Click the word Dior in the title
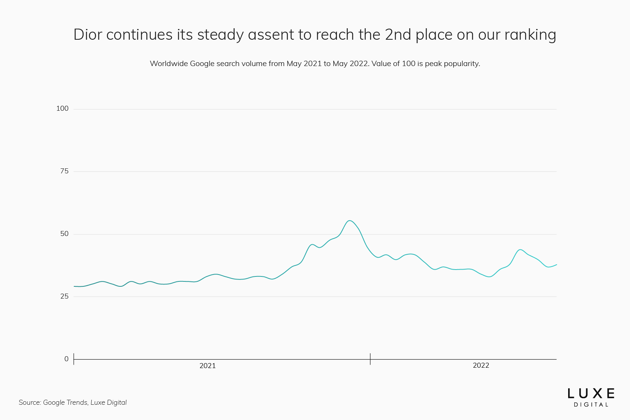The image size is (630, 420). [87, 35]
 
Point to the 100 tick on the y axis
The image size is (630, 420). [62, 108]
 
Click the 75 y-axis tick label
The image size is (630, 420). [64, 171]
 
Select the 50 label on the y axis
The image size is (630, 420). [64, 234]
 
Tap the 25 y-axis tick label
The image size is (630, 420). [64, 296]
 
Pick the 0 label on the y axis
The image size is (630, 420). [66, 359]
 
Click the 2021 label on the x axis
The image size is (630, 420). [207, 366]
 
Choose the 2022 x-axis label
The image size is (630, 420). [481, 366]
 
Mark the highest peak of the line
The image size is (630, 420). [349, 221]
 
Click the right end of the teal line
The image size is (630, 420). [556, 265]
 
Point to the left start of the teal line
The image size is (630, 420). [74, 286]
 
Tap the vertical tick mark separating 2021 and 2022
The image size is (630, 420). [370, 359]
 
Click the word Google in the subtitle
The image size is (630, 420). [202, 64]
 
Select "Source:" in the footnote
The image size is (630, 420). [30, 402]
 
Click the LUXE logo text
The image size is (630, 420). [591, 394]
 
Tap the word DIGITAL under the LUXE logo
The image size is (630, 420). [591, 405]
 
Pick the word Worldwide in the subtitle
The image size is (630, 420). [168, 64]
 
